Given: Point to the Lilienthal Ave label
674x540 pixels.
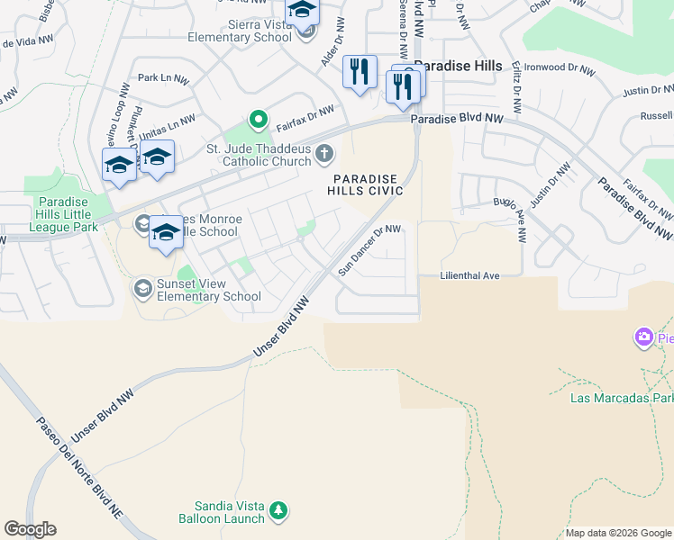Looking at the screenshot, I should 469,275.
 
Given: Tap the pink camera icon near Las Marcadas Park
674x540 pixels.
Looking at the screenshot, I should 643,337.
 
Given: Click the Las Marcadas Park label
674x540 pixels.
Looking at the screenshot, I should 621,397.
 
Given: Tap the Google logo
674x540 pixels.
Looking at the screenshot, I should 30,529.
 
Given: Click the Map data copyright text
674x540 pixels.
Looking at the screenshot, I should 617,533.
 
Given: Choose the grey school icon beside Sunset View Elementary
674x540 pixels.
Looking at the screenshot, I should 141,288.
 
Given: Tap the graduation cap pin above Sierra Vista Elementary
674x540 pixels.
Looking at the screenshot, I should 302,10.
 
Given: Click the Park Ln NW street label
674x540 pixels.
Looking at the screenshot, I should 159,78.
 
